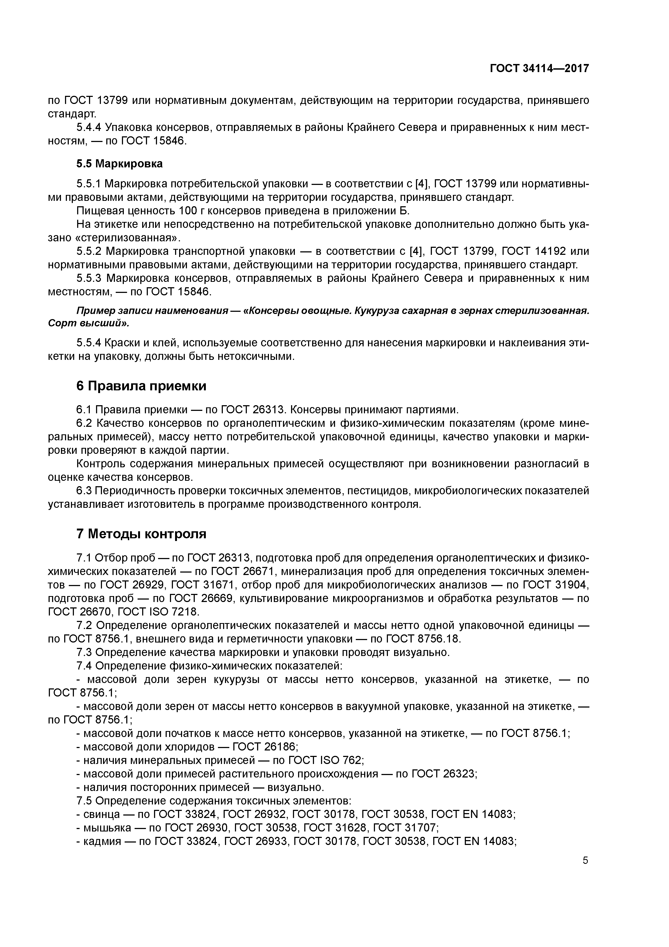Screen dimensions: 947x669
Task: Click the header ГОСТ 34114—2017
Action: coord(539,69)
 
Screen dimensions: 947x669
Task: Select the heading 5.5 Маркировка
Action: coord(119,164)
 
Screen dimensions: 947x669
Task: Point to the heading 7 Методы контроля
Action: coord(141,534)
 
